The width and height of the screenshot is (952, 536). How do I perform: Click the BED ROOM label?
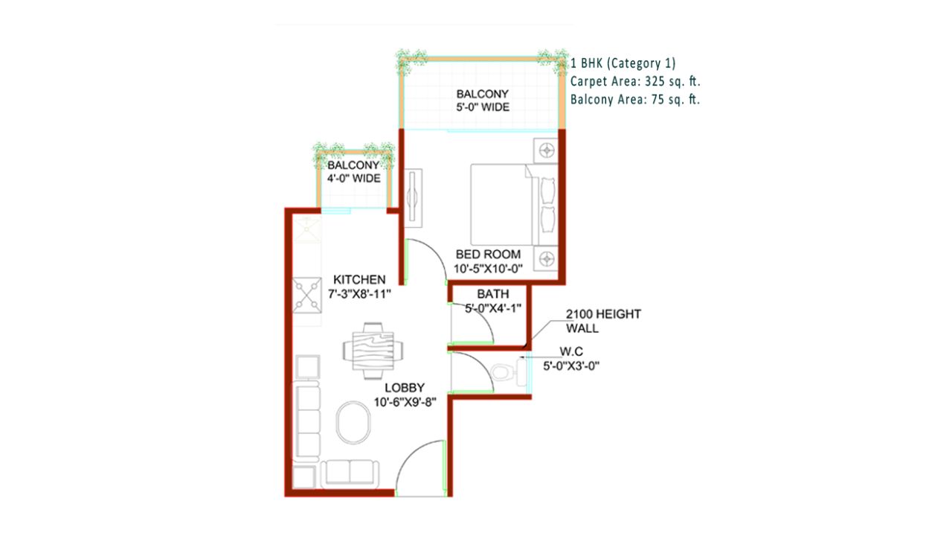point(488,255)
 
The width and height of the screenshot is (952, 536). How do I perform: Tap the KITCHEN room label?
point(359,279)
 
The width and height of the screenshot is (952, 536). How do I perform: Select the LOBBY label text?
point(405,388)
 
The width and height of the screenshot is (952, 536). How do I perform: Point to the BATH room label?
point(492,293)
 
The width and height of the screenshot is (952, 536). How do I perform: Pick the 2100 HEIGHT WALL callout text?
point(602,321)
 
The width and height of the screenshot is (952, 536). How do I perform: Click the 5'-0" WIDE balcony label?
point(482,107)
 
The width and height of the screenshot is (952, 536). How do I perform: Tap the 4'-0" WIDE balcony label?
point(353,179)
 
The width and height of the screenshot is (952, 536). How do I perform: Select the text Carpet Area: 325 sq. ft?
point(636,81)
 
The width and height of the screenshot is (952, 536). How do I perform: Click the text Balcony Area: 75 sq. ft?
point(635,99)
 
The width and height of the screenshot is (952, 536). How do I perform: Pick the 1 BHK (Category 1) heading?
point(623,63)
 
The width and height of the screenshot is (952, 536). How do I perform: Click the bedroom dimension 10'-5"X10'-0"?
point(488,269)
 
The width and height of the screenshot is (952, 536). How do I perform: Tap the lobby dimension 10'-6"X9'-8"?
point(405,402)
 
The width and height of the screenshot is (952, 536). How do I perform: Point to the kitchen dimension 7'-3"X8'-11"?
point(359,293)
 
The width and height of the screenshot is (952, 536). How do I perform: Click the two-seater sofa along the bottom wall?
point(350,473)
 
